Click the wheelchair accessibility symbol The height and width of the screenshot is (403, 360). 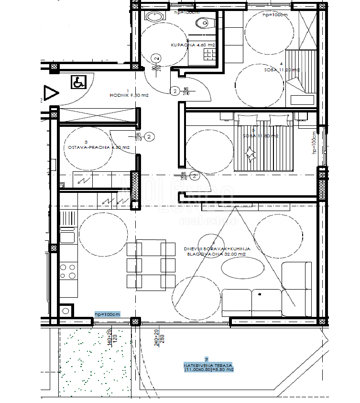(x=78, y=82)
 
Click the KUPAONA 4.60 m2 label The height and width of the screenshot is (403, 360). (x=193, y=45)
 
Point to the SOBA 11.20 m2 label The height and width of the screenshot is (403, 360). (x=282, y=70)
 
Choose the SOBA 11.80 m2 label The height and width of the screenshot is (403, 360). (x=260, y=136)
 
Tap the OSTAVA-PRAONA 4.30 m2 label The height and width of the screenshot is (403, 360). (x=96, y=147)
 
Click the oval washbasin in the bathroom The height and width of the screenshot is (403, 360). (x=154, y=16)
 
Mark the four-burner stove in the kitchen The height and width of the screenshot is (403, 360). (x=68, y=271)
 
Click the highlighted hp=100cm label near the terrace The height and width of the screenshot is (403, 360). (x=107, y=314)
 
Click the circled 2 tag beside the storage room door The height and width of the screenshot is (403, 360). (x=149, y=137)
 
